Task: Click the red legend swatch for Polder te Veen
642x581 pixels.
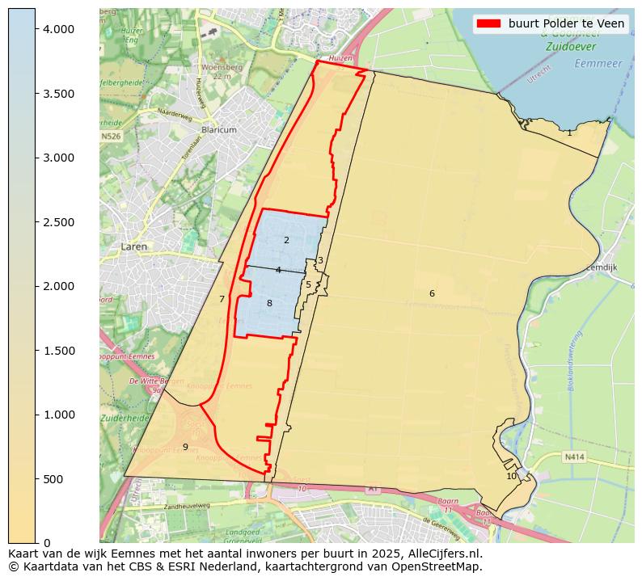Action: [x=490, y=23]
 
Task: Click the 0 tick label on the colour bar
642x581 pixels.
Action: [x=48, y=543]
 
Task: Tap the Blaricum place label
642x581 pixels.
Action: [x=219, y=129]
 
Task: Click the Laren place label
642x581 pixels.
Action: [x=135, y=246]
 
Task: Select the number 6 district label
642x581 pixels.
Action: [x=432, y=293]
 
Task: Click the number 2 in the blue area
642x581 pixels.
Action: [x=286, y=240]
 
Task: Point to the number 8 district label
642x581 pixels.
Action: [x=269, y=303]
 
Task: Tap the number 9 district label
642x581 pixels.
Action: [x=185, y=447]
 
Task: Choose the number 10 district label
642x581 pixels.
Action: [x=511, y=476]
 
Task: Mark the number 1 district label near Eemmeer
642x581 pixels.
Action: [x=569, y=133]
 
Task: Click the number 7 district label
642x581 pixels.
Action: [x=222, y=299]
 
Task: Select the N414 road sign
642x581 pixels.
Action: [x=574, y=457]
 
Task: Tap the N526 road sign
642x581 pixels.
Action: [x=111, y=137]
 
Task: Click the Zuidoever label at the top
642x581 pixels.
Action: [x=572, y=48]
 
